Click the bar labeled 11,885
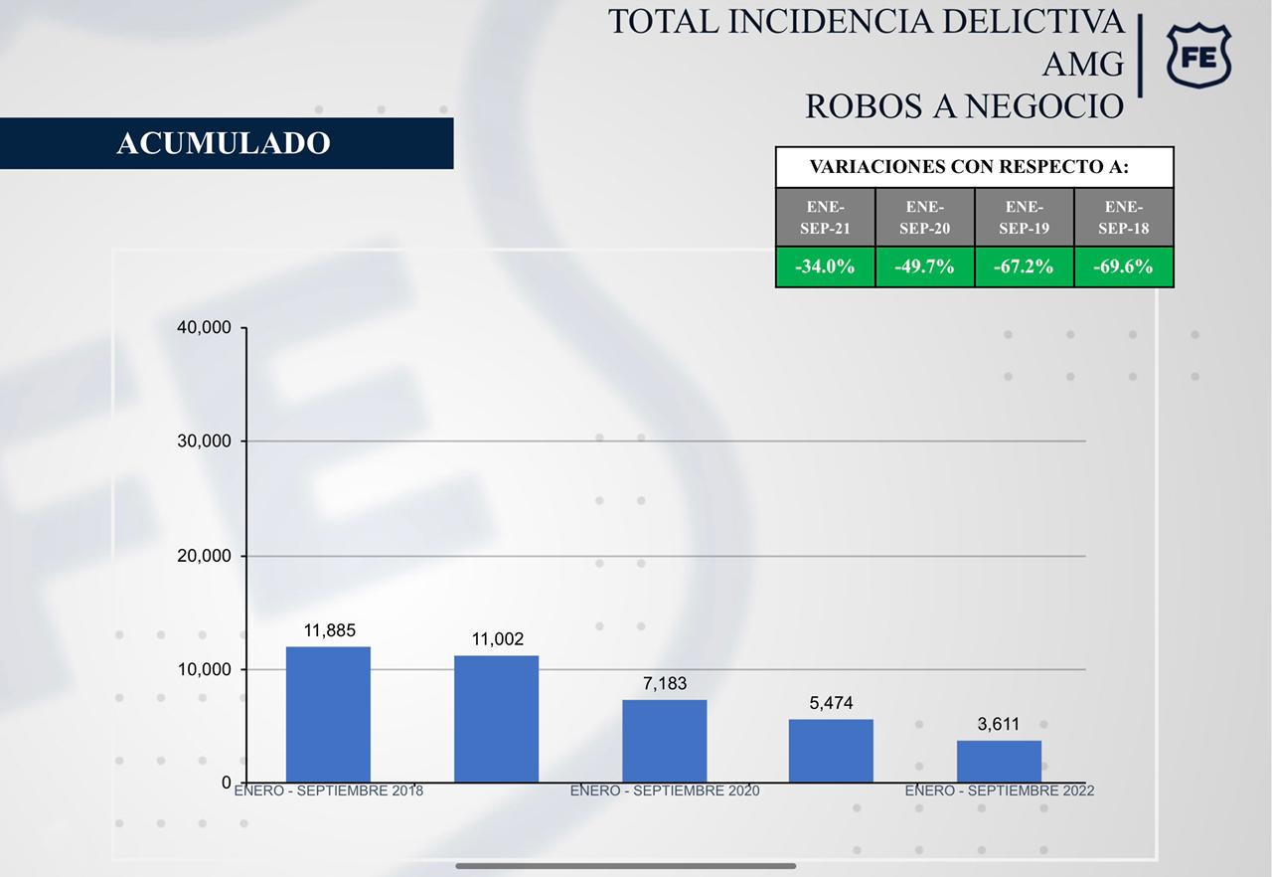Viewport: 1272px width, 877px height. pos(328,714)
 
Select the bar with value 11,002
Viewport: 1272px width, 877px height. pos(496,718)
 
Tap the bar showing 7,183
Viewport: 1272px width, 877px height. pos(664,740)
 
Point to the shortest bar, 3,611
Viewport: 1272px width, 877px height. pos(999,761)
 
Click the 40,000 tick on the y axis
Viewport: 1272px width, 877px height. pos(204,328)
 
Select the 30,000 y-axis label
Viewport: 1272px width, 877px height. pos(204,441)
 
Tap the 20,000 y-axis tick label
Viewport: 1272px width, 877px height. pos(204,556)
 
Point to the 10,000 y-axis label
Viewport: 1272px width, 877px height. pos(204,670)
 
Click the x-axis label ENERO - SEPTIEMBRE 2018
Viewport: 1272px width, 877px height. pos(329,791)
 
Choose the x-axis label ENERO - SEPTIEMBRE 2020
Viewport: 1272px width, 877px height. pos(664,791)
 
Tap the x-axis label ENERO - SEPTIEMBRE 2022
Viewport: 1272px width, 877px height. pos(999,791)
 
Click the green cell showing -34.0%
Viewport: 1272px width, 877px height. pos(825,266)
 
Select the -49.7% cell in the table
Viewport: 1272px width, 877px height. pos(924,266)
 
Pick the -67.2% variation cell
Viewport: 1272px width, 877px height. pos(1024,266)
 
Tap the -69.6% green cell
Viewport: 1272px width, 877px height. pos(1124,266)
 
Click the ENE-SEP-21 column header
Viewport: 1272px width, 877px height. pos(825,217)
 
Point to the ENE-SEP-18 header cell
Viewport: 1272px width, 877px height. pos(1124,217)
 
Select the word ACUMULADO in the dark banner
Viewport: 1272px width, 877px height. pos(224,143)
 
